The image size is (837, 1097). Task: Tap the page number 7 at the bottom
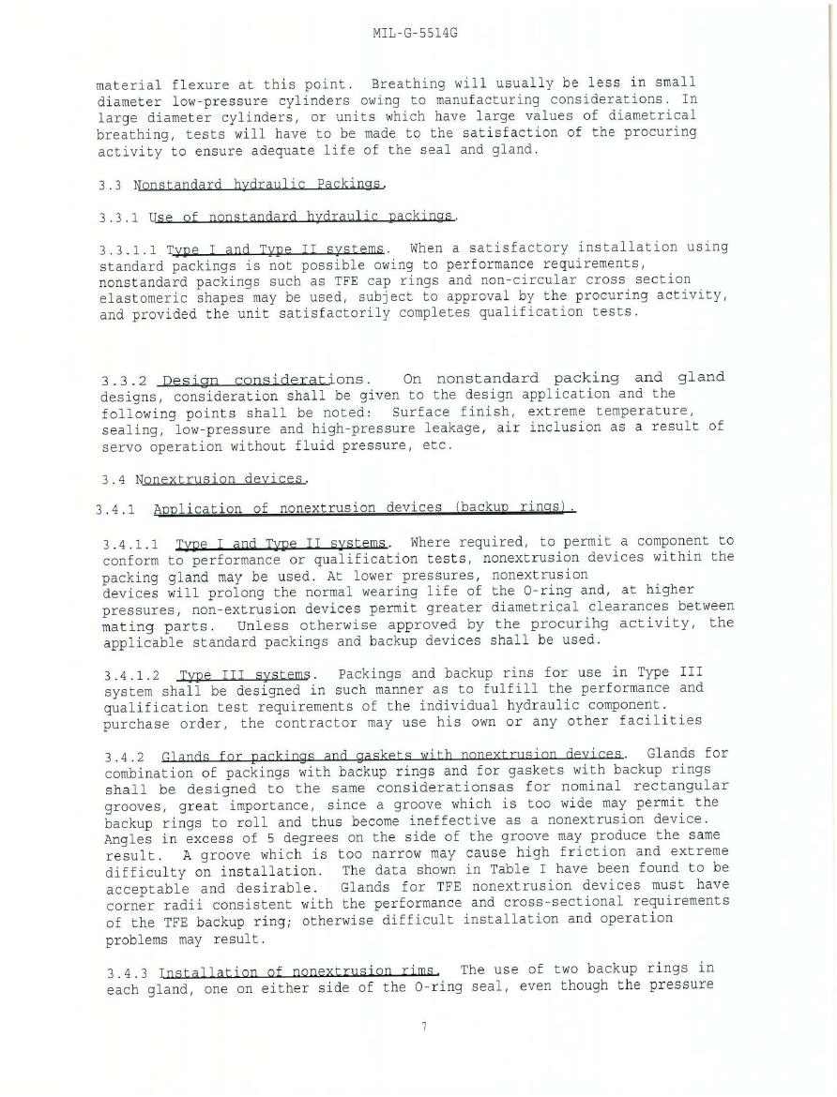[x=423, y=1027]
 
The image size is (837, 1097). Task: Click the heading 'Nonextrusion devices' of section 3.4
[x=221, y=480]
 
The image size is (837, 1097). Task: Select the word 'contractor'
[x=243, y=721]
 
